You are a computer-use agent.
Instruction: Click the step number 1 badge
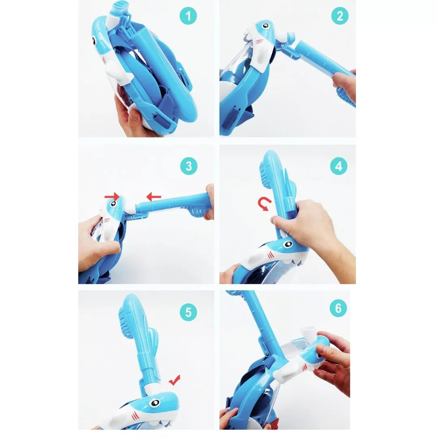pos(188,16)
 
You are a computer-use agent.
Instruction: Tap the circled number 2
pos(340,16)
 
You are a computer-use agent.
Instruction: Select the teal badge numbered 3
pos(189,166)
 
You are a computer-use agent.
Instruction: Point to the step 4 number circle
pos(339,166)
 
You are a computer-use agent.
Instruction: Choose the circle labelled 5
pos(188,312)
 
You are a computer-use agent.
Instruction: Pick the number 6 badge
pos(338,308)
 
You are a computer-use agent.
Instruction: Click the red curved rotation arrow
pos(264,204)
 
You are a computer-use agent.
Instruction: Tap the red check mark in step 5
pos(174,380)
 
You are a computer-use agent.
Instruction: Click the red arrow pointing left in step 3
pos(154,197)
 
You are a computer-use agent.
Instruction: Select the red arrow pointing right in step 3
pos(112,197)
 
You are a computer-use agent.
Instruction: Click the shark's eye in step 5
pos(154,403)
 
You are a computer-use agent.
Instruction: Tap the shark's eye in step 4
pos(288,245)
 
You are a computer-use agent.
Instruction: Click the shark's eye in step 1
pos(93,41)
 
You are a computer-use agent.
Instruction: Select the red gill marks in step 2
pos(260,41)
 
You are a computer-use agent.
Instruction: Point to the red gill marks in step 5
pos(135,416)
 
